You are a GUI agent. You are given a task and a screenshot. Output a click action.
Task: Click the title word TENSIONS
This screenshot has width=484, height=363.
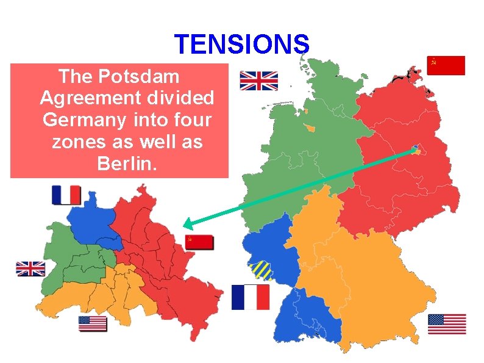[242, 44]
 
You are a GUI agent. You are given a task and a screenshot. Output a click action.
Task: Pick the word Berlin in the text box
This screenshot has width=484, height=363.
[127, 164]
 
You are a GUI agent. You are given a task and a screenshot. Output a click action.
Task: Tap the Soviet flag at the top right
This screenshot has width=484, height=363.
[446, 65]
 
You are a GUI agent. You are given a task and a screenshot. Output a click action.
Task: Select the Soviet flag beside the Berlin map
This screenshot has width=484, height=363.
[199, 242]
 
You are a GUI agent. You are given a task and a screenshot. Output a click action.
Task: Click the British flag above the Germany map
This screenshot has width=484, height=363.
[258, 81]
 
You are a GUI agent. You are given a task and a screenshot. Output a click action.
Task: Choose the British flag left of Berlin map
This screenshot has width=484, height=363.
[30, 268]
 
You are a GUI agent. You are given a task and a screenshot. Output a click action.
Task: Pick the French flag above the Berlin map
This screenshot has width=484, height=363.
[66, 195]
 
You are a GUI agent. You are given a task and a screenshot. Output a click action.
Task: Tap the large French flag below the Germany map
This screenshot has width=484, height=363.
[250, 297]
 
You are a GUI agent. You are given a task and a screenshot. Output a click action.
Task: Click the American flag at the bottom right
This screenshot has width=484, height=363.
[447, 324]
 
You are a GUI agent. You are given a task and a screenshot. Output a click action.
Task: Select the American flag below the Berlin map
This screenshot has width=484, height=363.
[93, 324]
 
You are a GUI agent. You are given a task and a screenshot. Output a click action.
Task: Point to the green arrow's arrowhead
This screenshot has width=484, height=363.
[187, 223]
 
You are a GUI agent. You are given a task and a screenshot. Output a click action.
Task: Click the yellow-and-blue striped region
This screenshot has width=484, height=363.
[260, 269]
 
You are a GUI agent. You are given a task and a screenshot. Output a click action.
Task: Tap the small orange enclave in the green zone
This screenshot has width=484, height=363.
[310, 128]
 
